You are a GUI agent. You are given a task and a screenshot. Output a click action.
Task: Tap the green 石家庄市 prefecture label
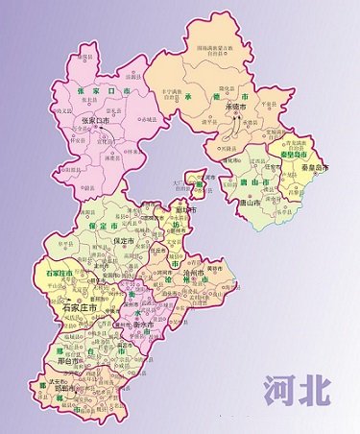pos(60,275)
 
